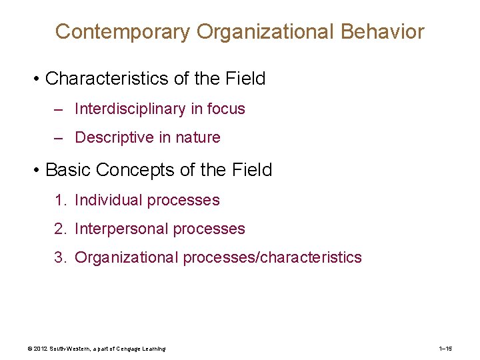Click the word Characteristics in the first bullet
point(107,79)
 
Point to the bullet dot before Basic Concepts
point(37,170)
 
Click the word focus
point(226,109)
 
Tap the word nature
point(197,137)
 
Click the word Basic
point(68,170)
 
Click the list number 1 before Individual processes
point(59,200)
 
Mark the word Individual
point(109,200)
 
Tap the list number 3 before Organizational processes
point(59,257)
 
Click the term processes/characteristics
point(272,257)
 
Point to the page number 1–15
point(446,349)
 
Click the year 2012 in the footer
point(41,349)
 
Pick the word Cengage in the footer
point(124,349)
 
